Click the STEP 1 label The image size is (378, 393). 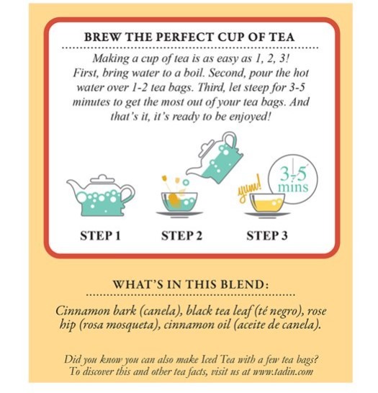pos(100,236)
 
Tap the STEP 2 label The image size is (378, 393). pos(181,236)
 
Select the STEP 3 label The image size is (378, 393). pos(266,236)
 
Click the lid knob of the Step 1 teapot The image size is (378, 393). pos(102,177)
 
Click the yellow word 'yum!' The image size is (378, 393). pos(249,189)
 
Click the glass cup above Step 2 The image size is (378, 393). pos(179,202)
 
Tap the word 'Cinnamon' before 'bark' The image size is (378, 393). pos(83,311)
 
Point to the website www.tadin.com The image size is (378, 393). pos(283,371)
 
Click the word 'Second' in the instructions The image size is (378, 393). pos(228,73)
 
